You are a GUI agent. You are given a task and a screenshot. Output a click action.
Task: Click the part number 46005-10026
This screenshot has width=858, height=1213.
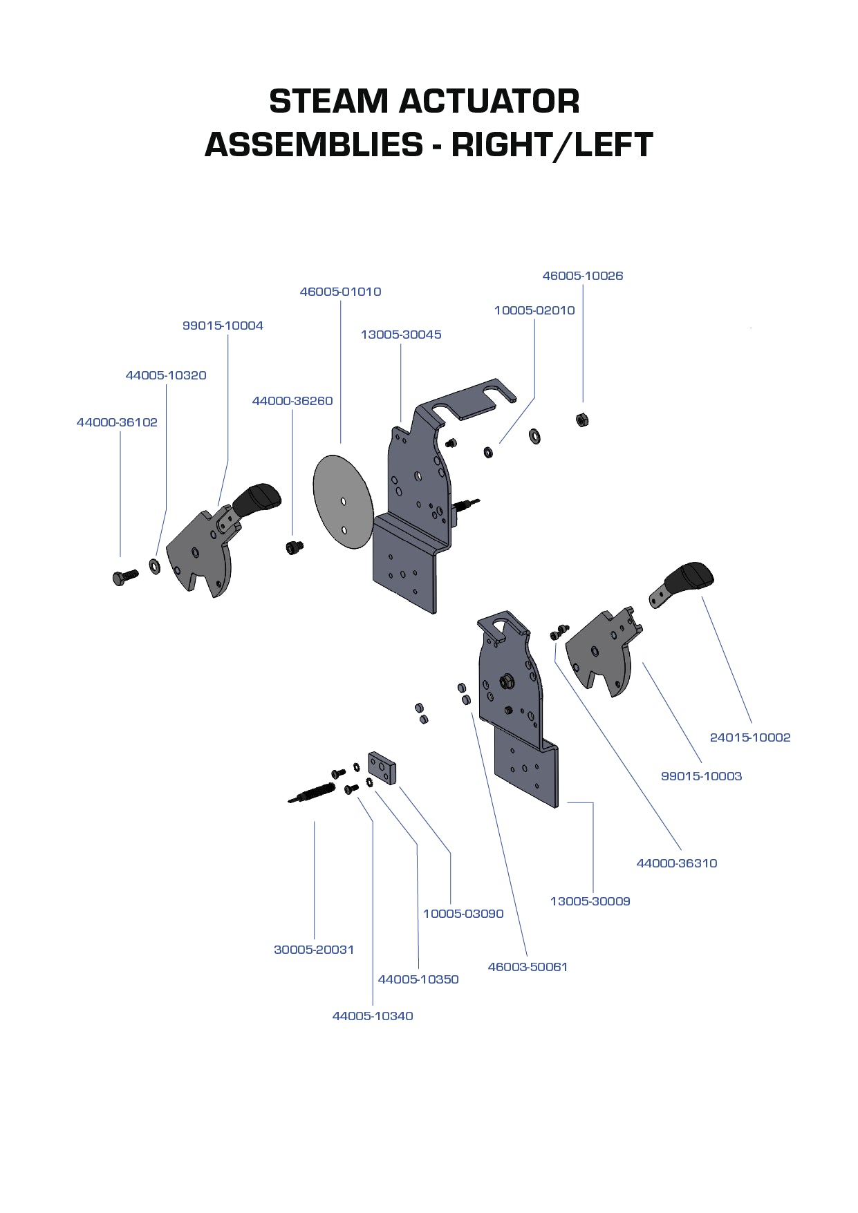click(x=582, y=276)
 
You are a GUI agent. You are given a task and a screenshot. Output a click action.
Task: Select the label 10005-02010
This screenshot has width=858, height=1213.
click(x=534, y=310)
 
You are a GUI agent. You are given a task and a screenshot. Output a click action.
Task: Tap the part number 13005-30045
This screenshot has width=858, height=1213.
click(x=400, y=335)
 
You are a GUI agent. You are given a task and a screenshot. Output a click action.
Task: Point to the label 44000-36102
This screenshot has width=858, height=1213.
click(x=117, y=422)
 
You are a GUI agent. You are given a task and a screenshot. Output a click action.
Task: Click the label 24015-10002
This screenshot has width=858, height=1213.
click(x=749, y=737)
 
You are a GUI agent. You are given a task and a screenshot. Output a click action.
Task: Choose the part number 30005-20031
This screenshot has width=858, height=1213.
click(x=313, y=950)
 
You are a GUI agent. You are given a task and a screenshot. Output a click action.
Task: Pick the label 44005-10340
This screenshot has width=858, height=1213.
click(x=372, y=1016)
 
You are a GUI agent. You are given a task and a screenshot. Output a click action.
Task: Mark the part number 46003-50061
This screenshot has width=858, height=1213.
click(x=527, y=967)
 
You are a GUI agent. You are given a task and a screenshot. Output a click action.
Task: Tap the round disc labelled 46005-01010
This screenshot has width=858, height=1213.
click(x=343, y=502)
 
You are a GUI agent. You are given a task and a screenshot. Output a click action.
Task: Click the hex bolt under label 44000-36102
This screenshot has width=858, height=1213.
click(x=124, y=576)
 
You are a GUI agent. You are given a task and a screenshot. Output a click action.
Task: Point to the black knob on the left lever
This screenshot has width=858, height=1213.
click(x=257, y=498)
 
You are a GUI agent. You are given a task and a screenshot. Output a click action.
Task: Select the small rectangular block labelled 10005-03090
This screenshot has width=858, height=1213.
click(x=381, y=768)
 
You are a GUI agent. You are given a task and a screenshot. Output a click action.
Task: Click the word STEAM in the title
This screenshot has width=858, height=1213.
click(x=328, y=102)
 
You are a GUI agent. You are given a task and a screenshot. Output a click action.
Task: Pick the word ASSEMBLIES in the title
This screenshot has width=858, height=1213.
click(x=313, y=145)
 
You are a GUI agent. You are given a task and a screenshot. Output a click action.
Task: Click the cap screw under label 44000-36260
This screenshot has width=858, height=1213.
click(x=294, y=547)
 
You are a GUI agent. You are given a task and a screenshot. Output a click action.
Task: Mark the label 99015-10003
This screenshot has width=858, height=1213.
click(x=700, y=776)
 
